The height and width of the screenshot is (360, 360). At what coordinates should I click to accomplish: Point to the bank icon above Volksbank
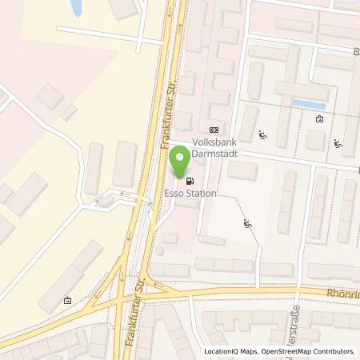pyautogui.click(x=214, y=129)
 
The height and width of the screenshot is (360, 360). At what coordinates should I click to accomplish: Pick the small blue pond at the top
pyautogui.click(x=76, y=8)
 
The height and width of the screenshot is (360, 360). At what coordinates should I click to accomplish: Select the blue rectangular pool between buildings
pyautogui.click(x=308, y=104)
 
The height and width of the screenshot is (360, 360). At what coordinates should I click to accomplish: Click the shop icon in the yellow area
pyautogui.click(x=68, y=300)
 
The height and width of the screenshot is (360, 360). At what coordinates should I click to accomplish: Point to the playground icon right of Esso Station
pyautogui.click(x=247, y=226)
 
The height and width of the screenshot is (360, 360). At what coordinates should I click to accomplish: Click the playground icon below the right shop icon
pyautogui.click(x=338, y=146)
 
